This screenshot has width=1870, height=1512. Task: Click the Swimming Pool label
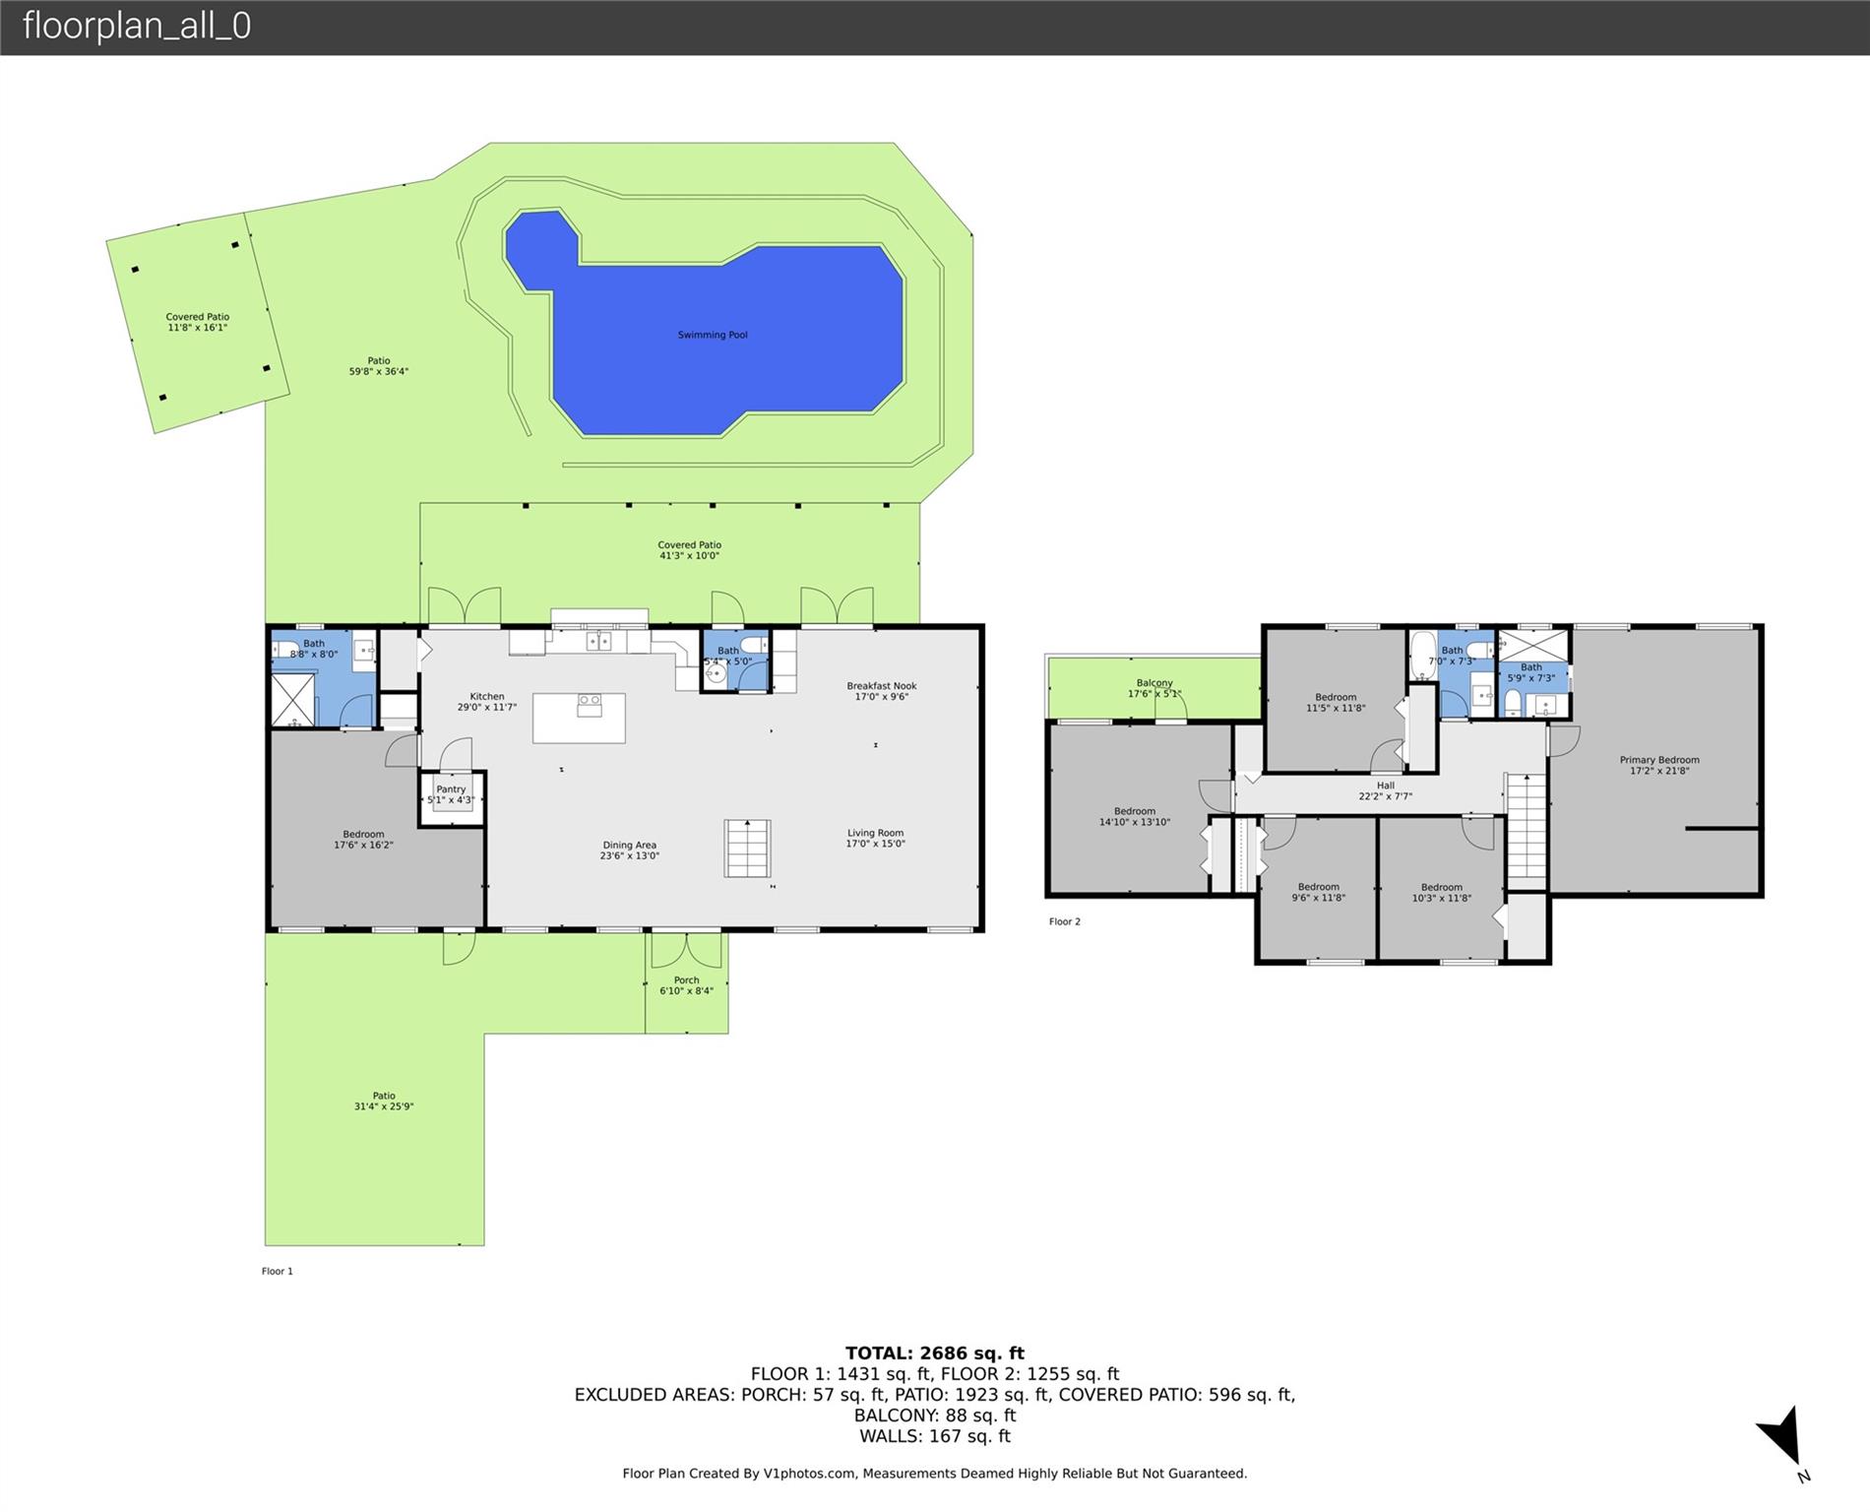tap(713, 335)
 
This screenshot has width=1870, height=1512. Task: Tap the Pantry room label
tap(451, 794)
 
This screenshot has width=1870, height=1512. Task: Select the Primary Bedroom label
tap(1659, 765)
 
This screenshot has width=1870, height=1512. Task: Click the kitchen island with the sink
tap(579, 718)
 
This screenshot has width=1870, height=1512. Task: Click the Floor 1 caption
tap(278, 1271)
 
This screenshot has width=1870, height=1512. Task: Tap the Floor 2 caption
tap(1065, 921)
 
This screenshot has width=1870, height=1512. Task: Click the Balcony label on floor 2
tap(1154, 688)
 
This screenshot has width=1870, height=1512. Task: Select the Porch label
tap(686, 985)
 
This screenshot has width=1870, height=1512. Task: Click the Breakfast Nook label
tap(882, 691)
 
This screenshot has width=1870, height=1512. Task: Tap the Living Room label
tap(875, 838)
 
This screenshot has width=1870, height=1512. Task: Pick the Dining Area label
tap(630, 850)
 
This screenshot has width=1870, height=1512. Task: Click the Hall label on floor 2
tap(1386, 790)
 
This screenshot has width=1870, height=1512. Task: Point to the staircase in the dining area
tap(748, 848)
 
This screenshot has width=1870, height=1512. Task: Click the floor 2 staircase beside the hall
tap(1527, 826)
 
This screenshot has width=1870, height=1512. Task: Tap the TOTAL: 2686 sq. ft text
tap(935, 1354)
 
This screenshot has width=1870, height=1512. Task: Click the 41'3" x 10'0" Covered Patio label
tap(689, 550)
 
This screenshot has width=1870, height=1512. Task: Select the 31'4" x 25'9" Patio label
tap(384, 1101)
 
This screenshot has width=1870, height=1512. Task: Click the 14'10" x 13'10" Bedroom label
tap(1135, 817)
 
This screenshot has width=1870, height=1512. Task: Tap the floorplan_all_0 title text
tap(137, 26)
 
